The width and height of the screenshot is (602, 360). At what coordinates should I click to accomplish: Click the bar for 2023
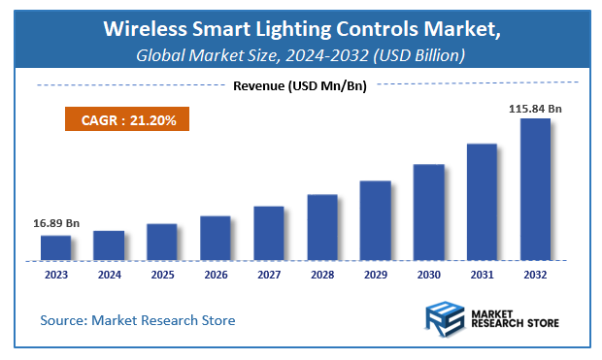[55, 248]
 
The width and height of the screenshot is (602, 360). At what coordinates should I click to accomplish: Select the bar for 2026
[216, 239]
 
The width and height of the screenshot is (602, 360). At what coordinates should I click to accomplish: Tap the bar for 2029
[375, 221]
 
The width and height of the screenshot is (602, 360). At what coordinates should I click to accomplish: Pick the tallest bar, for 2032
[535, 190]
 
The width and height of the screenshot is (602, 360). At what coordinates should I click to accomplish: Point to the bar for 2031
[482, 203]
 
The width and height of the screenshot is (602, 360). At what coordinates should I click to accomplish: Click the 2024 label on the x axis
[109, 275]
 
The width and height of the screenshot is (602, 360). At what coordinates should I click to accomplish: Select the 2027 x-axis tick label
[269, 275]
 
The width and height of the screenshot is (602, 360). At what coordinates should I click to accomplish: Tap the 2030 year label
[428, 275]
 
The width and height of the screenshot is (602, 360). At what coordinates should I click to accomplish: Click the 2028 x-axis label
[322, 275]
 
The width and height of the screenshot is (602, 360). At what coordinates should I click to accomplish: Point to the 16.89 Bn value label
[53, 223]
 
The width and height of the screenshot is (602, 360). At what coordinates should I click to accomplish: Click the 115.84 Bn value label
[534, 109]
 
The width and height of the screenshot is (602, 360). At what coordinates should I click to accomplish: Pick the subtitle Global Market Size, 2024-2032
[301, 54]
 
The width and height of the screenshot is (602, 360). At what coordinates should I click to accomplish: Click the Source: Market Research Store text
[137, 319]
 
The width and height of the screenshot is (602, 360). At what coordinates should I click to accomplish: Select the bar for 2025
[162, 243]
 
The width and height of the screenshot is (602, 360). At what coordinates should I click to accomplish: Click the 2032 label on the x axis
[535, 275]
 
